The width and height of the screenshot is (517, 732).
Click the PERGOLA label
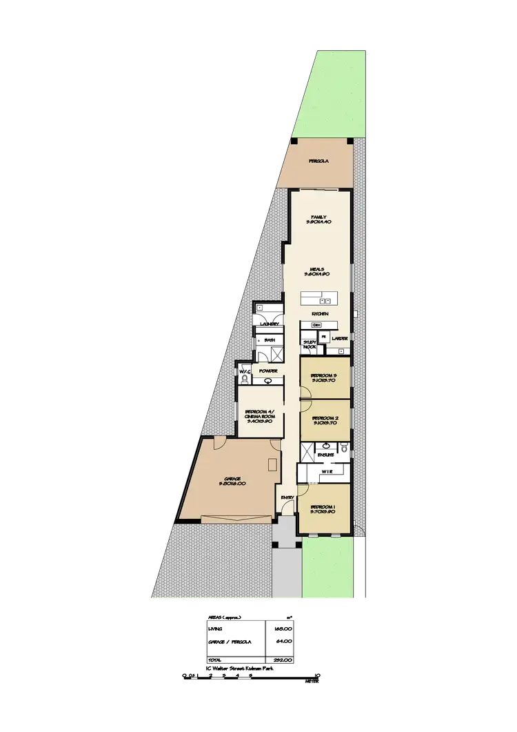pyautogui.click(x=318, y=161)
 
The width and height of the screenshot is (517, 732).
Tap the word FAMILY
pyautogui.click(x=318, y=217)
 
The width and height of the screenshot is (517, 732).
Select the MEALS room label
pyautogui.click(x=317, y=268)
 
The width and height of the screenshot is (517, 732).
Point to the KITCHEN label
pyautogui.click(x=320, y=315)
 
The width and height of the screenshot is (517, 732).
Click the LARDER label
pyautogui.click(x=339, y=339)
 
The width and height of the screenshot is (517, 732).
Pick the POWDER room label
pyautogui.click(x=268, y=371)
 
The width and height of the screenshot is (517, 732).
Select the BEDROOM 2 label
pyautogui.click(x=325, y=418)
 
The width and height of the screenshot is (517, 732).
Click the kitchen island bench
pyautogui.click(x=318, y=299)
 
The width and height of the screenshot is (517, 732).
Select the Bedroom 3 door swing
pyautogui.click(x=303, y=392)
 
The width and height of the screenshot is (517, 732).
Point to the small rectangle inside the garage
pyautogui.click(x=273, y=462)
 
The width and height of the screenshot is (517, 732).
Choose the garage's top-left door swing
pyautogui.click(x=218, y=444)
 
